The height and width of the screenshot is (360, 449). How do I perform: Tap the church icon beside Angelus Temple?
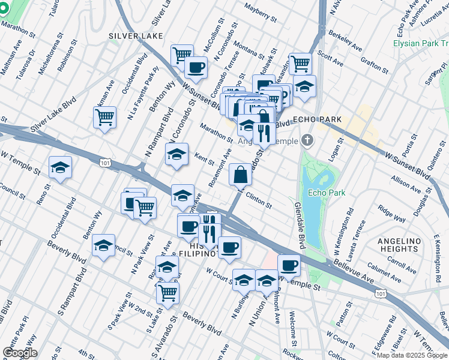(x=307, y=141)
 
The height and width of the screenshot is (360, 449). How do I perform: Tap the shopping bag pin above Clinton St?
(x=240, y=175)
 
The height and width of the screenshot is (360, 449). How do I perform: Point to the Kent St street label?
(x=205, y=158)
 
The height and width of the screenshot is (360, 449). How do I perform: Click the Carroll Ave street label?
(x=402, y=262)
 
